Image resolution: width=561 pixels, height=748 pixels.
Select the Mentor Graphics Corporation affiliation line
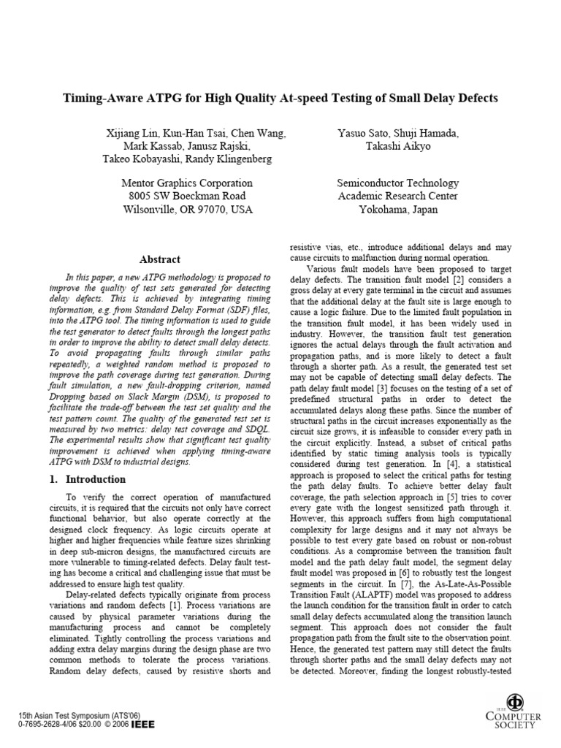pos(186,183)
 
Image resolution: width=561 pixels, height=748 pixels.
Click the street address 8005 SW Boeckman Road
pos(186,196)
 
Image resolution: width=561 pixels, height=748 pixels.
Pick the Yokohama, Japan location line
pos(398,210)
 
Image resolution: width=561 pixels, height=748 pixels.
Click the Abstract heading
pos(159,259)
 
